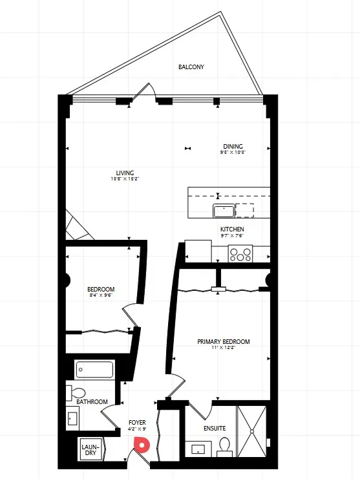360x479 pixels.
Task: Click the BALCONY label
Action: click(191, 67)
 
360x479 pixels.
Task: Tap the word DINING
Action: click(233, 146)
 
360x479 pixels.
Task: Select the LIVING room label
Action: click(125, 173)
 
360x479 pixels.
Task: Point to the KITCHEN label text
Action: click(232, 229)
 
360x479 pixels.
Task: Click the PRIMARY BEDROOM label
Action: click(224, 342)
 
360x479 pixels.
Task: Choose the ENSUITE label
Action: click(215, 428)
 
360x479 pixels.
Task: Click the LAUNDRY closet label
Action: click(89, 449)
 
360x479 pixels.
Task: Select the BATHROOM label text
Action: click(92, 402)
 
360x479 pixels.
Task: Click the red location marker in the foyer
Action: click(141, 444)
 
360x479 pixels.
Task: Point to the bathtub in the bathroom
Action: click(94, 370)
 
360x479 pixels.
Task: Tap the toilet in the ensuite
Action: click(224, 446)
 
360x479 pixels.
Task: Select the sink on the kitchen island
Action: click(224, 210)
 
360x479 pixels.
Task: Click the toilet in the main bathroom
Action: click(78, 392)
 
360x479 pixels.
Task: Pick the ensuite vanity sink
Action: click(197, 448)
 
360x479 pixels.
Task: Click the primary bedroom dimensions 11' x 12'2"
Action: click(224, 348)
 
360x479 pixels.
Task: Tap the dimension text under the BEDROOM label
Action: click(101, 295)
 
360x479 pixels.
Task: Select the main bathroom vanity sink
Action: click(72, 419)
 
